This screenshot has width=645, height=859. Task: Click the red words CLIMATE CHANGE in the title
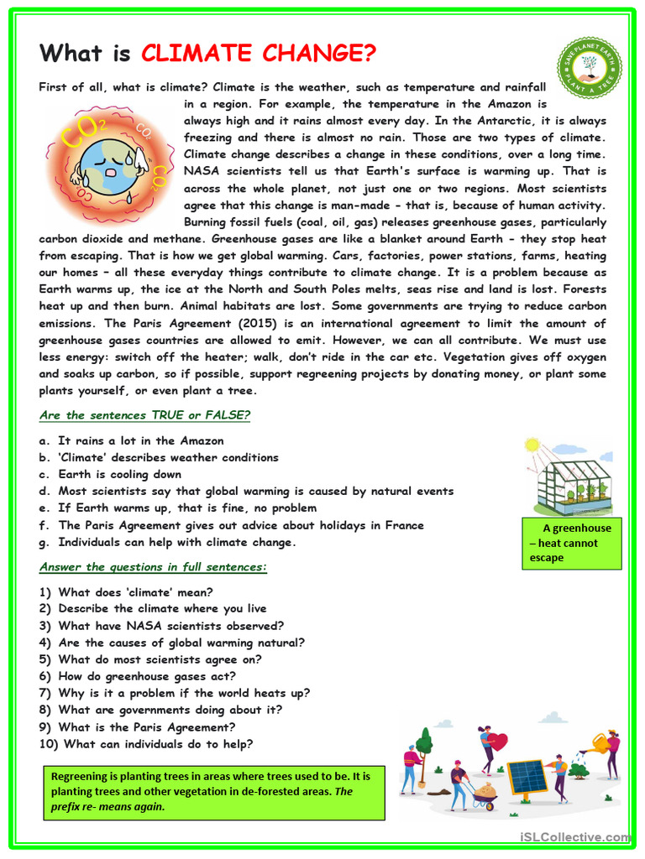pyautogui.click(x=259, y=54)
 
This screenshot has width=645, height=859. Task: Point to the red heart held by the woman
pyautogui.click(x=497, y=742)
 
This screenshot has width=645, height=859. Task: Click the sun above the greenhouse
pyautogui.click(x=531, y=445)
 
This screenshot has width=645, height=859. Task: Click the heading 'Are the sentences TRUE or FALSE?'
pyautogui.click(x=145, y=415)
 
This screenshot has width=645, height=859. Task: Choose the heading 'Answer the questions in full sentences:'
pyautogui.click(x=154, y=567)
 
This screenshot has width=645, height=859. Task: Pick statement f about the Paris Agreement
pyautogui.click(x=232, y=525)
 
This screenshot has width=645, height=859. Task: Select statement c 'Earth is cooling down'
pyautogui.click(x=110, y=474)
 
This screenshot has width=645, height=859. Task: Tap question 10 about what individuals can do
pyautogui.click(x=146, y=743)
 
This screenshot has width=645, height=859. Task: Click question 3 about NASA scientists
pyautogui.click(x=161, y=626)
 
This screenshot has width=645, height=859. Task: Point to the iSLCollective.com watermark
pyautogui.click(x=574, y=836)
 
